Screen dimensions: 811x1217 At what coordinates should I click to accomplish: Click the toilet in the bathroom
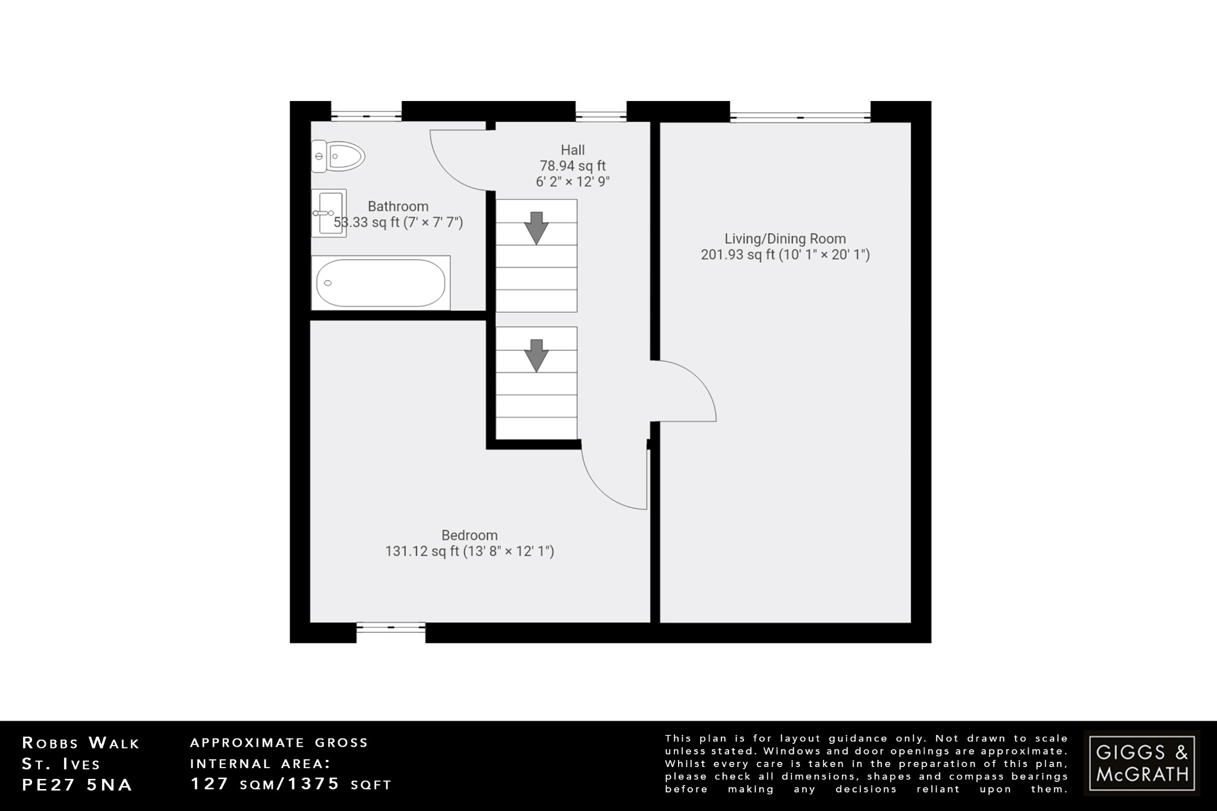[x=338, y=156]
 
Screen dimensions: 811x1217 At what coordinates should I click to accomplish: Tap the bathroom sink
[x=329, y=213]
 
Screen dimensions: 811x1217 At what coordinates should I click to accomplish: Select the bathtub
[x=380, y=283]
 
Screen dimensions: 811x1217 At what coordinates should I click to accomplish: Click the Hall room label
[x=573, y=150]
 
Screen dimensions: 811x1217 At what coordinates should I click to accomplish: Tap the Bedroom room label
[x=469, y=535]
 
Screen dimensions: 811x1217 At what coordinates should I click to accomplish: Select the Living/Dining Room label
[x=785, y=239]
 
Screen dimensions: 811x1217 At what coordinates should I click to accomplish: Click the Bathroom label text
[x=398, y=206]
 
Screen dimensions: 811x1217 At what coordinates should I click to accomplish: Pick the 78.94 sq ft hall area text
[x=573, y=166]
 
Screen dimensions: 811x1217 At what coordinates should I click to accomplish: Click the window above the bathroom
[x=366, y=116]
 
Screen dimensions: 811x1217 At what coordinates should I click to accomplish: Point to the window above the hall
[x=601, y=116]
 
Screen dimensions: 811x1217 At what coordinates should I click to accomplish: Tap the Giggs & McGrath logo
[x=1142, y=763]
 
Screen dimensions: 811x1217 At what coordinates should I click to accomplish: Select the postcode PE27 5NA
[x=77, y=785]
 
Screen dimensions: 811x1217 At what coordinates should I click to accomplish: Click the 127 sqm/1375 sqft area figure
[x=291, y=784]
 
